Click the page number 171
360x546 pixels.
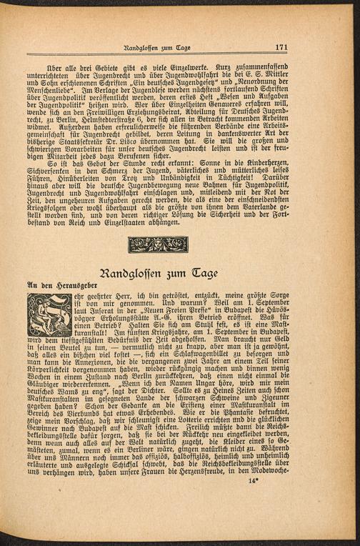pos(281,47)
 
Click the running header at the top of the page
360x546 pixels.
pos(156,47)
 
